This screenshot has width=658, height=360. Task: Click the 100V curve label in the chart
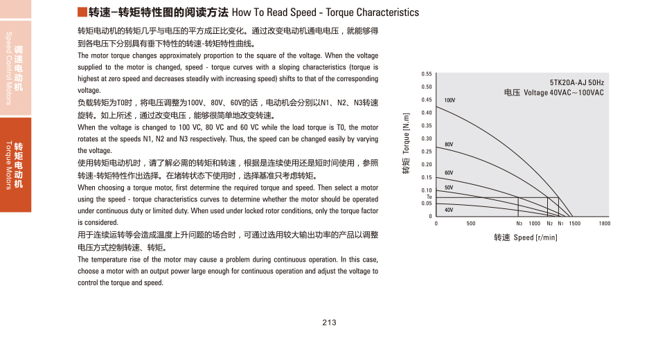[x=450, y=100]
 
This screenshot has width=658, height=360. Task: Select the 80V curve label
[x=449, y=144]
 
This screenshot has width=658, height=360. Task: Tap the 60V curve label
[x=449, y=172]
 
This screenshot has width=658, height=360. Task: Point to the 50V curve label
[x=449, y=188]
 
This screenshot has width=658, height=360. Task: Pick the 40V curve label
[x=449, y=209]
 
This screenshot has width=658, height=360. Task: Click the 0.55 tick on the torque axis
[x=427, y=74]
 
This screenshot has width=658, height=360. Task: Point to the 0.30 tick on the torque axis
[x=427, y=138]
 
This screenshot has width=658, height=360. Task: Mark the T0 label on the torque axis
[x=429, y=197]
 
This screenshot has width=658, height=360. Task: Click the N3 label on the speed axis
[x=519, y=224]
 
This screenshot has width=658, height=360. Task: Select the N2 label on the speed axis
[x=549, y=224]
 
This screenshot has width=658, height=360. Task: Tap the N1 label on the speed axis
[x=560, y=224]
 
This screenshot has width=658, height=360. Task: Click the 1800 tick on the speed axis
[x=605, y=224]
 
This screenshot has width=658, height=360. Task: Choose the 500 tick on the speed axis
[x=471, y=224]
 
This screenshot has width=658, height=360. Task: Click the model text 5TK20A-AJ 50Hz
[x=577, y=81]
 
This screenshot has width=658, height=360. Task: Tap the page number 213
[x=329, y=323]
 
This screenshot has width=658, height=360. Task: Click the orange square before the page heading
[x=82, y=12]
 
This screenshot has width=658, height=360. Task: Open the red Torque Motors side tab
[x=15, y=165]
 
